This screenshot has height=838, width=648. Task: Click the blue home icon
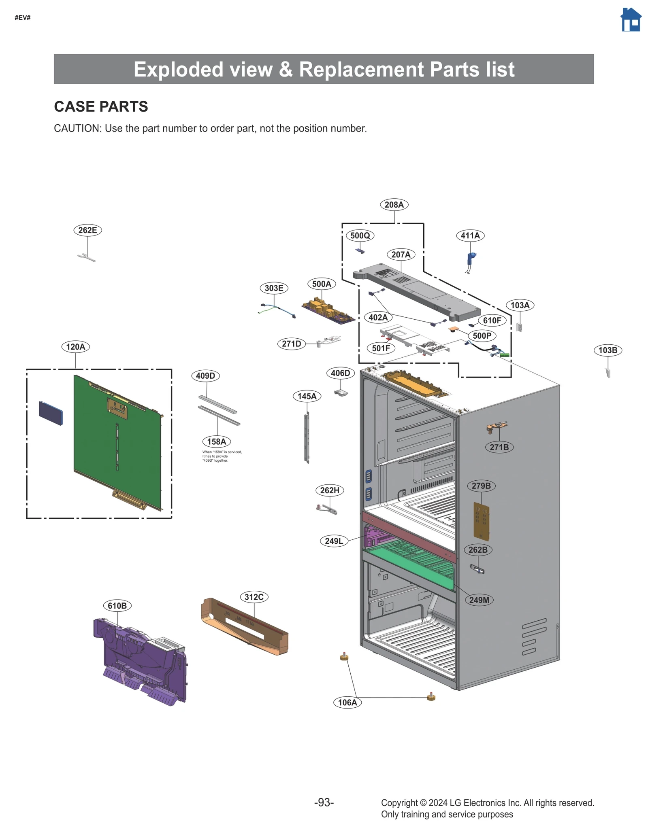(x=631, y=20)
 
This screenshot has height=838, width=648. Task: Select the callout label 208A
(x=394, y=205)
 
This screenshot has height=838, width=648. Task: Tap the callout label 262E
(x=87, y=230)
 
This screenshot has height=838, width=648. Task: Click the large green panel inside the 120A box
(x=117, y=441)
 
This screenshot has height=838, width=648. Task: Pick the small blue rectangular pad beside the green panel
(x=51, y=413)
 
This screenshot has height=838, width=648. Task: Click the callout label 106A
(x=347, y=702)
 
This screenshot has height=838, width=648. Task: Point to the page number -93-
(x=324, y=802)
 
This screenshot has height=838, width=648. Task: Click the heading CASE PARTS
(x=101, y=106)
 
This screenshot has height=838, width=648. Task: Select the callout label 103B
(x=607, y=350)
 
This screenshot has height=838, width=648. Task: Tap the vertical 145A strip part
(x=307, y=437)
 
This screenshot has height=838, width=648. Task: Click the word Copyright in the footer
(x=399, y=803)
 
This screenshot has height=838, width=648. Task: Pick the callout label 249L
(x=334, y=541)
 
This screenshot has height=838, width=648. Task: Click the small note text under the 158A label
(x=222, y=456)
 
